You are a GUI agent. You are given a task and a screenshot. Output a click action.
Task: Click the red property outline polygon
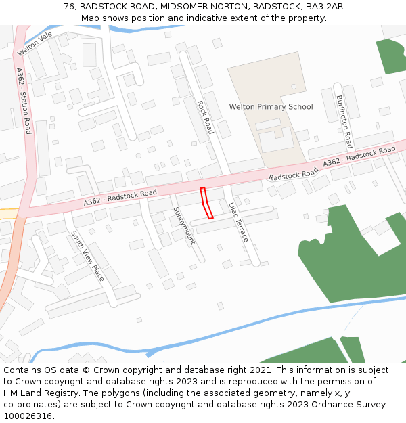click(206, 204)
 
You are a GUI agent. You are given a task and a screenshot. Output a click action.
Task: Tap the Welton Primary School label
click(271, 107)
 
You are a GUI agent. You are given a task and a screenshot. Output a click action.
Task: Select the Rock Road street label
click(205, 117)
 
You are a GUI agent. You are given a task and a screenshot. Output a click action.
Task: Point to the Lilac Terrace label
click(238, 222)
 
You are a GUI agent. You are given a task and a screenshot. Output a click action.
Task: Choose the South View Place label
click(87, 257)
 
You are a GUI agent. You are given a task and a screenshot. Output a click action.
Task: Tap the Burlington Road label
click(344, 122)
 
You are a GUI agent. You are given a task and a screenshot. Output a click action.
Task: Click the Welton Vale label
click(35, 44)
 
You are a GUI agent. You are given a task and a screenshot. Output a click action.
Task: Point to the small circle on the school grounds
click(294, 87)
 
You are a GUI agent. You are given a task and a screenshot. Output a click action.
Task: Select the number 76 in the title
click(70, 6)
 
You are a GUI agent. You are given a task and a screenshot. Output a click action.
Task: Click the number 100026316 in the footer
click(27, 416)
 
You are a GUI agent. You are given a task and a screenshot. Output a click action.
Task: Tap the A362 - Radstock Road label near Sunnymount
click(120, 198)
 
